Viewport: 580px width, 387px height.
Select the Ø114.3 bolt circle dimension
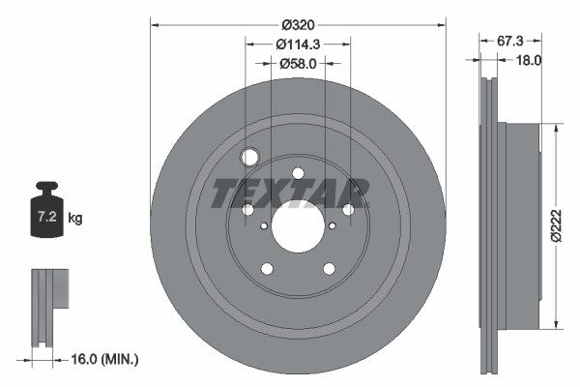tap(298, 44)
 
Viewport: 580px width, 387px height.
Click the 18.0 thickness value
tap(528, 59)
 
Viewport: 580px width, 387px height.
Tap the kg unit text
tap(75, 219)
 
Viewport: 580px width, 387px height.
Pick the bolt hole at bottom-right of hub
tap(329, 269)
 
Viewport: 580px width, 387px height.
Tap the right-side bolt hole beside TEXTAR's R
tap(348, 210)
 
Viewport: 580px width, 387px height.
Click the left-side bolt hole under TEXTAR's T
tap(247, 210)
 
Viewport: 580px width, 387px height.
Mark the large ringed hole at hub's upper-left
tap(249, 157)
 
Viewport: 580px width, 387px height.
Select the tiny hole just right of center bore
tap(333, 225)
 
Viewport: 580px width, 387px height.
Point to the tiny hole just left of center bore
tap(263, 225)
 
